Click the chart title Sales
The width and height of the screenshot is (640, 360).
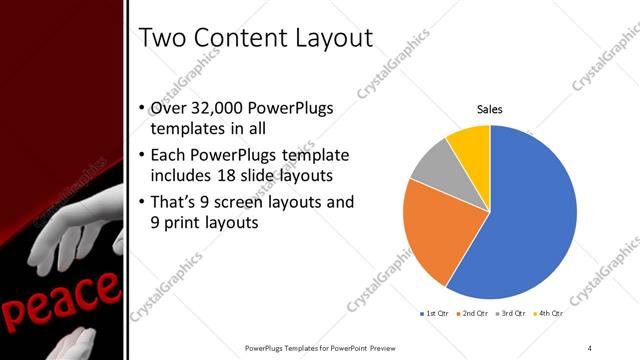[x=489, y=109]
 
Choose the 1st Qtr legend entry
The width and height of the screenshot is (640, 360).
[x=434, y=314]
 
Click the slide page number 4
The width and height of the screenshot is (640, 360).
[x=589, y=347]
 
